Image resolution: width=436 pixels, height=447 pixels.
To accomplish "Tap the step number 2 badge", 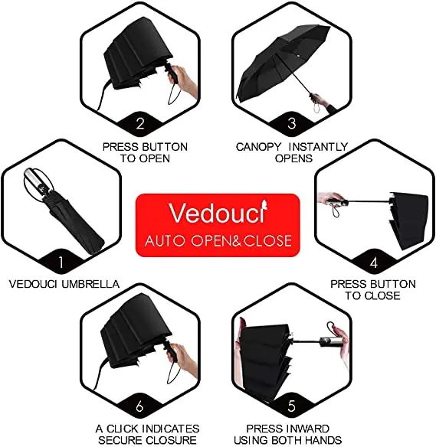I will point(139,122).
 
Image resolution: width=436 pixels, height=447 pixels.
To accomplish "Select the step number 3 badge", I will point(291,122).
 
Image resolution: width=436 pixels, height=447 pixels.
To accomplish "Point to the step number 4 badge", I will point(373,262).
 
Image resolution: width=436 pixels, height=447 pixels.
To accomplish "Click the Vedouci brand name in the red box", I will point(218,213).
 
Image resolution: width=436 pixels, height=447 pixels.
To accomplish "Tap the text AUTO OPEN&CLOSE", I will point(218,240).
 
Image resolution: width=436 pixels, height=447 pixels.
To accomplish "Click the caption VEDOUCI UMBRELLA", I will point(64,284).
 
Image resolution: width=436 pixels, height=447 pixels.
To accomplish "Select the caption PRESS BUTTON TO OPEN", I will point(145,152).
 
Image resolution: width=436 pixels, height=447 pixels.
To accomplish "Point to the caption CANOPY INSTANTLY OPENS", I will point(292,152).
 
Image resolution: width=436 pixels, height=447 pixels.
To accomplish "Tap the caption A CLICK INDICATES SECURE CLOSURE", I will point(147,434).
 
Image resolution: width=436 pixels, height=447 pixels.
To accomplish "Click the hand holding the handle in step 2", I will point(182,80).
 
